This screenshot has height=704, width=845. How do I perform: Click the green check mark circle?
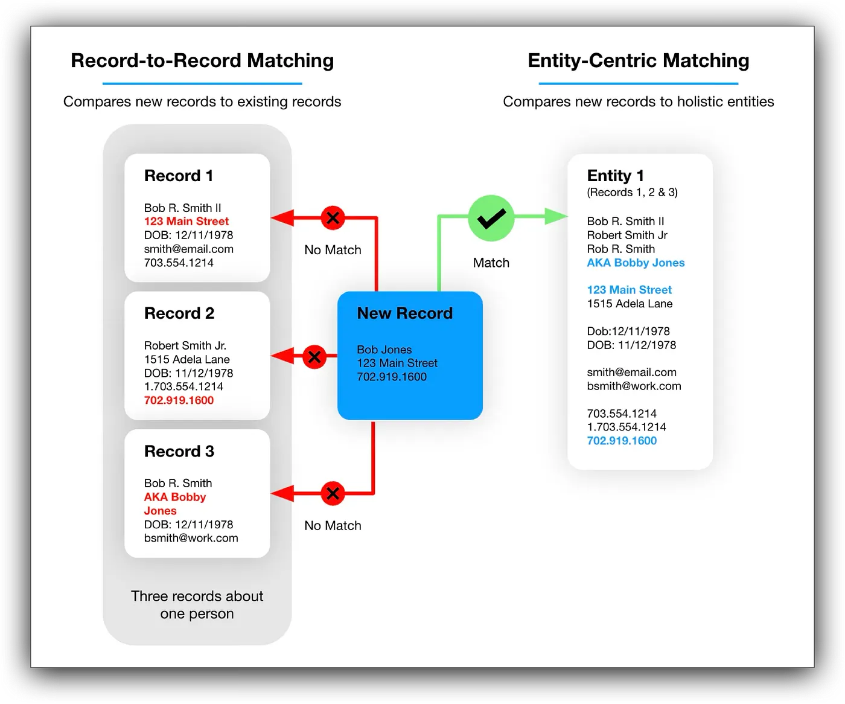[491, 218]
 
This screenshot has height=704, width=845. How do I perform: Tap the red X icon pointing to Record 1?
[333, 217]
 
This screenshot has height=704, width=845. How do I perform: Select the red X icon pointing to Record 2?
[314, 356]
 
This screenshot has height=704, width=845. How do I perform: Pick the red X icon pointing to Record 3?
[333, 493]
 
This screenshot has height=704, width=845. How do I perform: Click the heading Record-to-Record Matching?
[202, 60]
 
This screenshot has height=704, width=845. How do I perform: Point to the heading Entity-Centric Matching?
[638, 60]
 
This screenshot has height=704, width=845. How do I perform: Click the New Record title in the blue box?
[404, 313]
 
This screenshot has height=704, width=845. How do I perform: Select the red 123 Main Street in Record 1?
[187, 222]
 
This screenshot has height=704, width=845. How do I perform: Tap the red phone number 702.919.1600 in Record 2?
[179, 400]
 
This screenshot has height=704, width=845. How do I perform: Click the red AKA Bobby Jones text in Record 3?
[174, 504]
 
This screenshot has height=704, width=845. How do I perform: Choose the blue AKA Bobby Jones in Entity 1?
[636, 263]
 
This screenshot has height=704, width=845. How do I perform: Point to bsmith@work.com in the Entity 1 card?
[634, 386]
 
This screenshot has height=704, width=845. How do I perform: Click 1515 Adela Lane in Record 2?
[187, 359]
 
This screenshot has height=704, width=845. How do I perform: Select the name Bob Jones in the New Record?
[384, 350]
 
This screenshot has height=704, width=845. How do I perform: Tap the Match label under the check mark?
[491, 263]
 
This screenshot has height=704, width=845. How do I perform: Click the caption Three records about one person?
[197, 604]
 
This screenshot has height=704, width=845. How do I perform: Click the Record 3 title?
[179, 452]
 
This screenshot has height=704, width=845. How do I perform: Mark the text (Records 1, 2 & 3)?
[632, 193]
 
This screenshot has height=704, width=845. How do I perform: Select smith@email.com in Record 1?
[188, 249]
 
